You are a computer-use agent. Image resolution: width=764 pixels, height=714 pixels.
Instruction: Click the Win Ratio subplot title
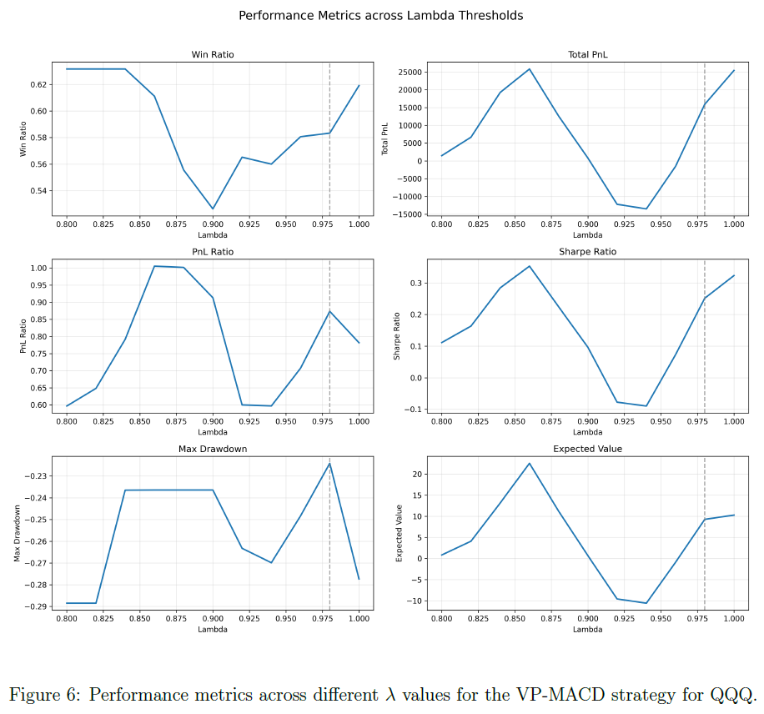coord(213,54)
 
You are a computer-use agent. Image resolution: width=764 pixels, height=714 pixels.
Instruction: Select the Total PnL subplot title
coord(588,54)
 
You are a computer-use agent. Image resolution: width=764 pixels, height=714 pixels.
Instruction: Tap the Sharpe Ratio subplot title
coord(588,251)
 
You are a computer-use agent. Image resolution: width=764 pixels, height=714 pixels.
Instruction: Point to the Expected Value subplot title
coord(588,449)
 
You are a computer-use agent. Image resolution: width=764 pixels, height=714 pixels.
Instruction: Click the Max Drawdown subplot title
coord(213,449)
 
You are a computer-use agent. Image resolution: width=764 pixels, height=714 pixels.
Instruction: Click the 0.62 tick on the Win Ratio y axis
coord(38,85)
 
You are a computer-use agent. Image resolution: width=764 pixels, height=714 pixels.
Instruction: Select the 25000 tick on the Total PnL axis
coord(410,72)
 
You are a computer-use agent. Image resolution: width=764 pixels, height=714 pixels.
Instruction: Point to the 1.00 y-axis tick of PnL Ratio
coord(38,268)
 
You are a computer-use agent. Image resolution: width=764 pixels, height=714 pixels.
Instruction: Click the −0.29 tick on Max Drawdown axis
coord(35,606)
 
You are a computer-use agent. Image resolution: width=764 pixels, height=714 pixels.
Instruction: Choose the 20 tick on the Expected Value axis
coord(417,475)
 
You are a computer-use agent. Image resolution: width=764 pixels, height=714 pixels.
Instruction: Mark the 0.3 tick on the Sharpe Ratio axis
coord(416,283)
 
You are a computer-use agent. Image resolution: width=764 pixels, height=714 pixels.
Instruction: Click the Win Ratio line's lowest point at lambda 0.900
coord(213,209)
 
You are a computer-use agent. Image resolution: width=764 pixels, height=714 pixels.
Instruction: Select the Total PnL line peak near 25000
coord(529,69)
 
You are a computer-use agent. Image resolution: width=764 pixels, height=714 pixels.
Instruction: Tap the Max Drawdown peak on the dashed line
coord(329,463)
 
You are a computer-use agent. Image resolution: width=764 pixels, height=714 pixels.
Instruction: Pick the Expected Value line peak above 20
coord(529,464)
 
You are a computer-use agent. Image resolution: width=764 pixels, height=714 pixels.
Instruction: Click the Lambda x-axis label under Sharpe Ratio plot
coord(588,432)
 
